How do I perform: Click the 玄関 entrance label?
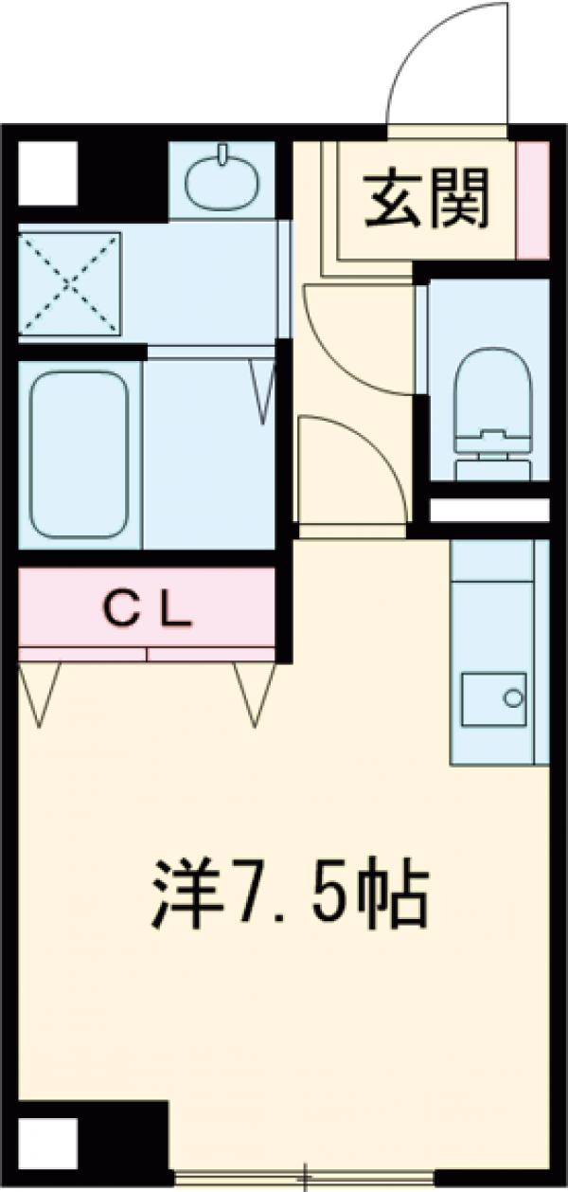pyautogui.click(x=429, y=200)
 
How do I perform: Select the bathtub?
pyautogui.click(x=79, y=454)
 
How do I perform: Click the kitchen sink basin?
pyautogui.click(x=493, y=699)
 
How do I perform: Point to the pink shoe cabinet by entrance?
pyautogui.click(x=533, y=200)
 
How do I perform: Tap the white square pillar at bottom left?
pyautogui.click(x=47, y=1145)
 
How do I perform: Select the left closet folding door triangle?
pyautogui.click(x=40, y=693)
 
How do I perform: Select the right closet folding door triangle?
pyautogui.click(x=255, y=693)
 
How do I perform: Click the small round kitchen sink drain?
pyautogui.click(x=512, y=699)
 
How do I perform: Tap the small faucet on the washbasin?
pyautogui.click(x=225, y=154)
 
